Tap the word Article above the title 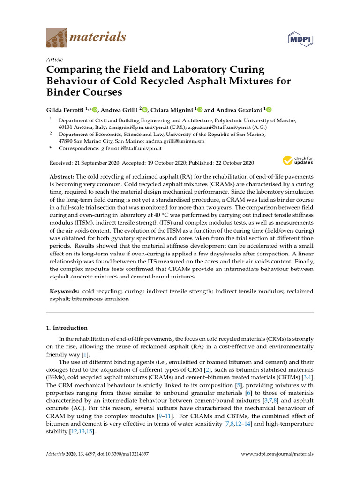tap(54, 60)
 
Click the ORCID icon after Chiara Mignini tap(200, 110)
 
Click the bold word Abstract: tap(62, 177)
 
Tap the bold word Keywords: tap(65, 291)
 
